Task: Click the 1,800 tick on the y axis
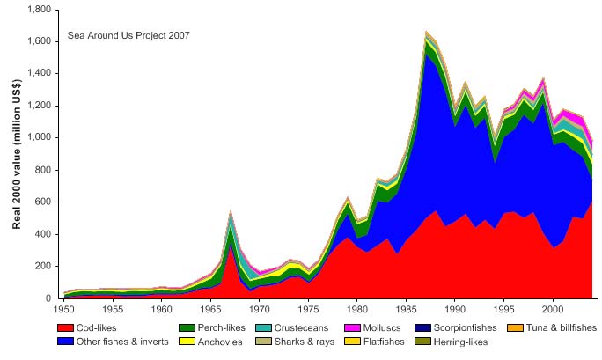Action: pos(39,10)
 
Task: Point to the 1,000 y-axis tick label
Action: pos(39,138)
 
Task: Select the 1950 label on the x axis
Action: pos(62,310)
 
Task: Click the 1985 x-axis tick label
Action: pos(407,310)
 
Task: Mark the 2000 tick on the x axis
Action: pos(553,310)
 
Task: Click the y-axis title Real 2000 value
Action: pos(17,155)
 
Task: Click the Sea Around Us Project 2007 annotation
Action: pos(128,36)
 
